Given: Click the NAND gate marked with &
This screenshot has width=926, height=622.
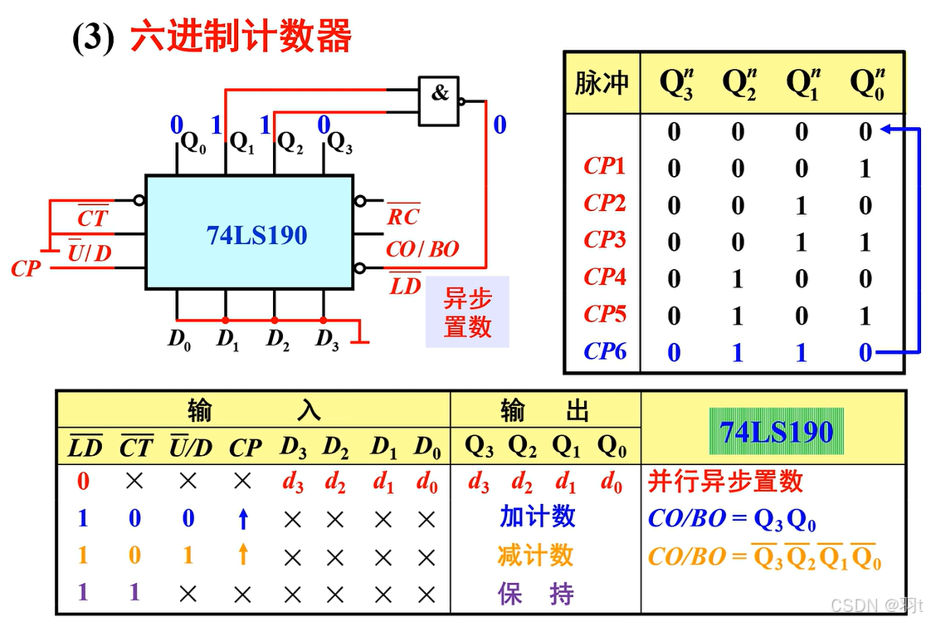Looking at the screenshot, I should (x=438, y=100).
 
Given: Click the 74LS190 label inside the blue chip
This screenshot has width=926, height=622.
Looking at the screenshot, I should (x=257, y=235).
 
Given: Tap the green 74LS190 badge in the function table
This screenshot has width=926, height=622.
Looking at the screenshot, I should (x=776, y=432).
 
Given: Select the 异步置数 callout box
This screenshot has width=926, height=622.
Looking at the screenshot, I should (x=467, y=312).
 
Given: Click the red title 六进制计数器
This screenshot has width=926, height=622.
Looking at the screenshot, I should (x=241, y=37).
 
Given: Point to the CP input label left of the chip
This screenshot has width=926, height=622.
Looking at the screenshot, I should (x=26, y=269).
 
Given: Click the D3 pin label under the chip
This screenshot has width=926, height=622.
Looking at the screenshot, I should (x=328, y=339).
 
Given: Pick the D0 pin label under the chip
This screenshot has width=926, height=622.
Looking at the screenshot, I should (x=179, y=339).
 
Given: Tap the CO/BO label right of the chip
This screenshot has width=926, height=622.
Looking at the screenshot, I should (x=422, y=249).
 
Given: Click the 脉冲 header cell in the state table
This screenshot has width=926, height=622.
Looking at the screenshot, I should (x=602, y=83).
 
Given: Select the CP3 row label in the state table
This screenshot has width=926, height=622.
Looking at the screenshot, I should (x=604, y=240).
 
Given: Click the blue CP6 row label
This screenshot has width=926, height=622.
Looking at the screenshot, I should (x=604, y=351).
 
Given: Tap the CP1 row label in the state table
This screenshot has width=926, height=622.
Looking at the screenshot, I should (x=604, y=166).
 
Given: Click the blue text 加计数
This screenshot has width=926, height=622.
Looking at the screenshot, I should (x=537, y=517).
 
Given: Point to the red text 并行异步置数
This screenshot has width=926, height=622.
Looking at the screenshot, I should (x=725, y=481).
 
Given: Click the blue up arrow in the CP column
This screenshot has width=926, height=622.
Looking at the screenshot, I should (x=243, y=519).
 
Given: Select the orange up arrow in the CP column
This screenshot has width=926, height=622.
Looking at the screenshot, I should (x=243, y=554).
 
